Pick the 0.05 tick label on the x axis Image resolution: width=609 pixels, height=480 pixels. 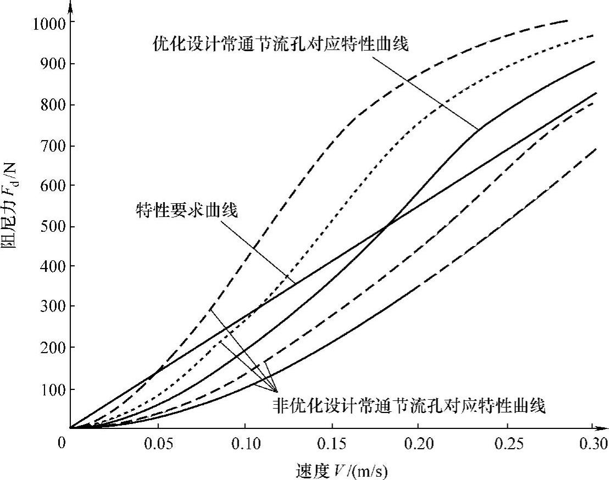[x=157, y=443]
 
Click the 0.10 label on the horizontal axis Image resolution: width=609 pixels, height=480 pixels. [x=245, y=443]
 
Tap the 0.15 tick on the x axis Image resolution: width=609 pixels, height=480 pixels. [x=331, y=443]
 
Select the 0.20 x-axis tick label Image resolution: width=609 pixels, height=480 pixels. [x=418, y=443]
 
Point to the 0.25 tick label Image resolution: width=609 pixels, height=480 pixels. [x=505, y=443]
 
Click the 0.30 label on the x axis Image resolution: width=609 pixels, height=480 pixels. [x=591, y=443]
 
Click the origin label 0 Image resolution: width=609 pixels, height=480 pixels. [x=62, y=443]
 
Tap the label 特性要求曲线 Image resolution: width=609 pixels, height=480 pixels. [x=187, y=210]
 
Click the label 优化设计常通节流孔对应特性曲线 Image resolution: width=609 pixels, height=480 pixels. [x=280, y=44]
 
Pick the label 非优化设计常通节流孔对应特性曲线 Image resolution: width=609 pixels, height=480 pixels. [x=408, y=407]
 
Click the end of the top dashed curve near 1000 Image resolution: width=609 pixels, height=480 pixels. [x=566, y=21]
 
